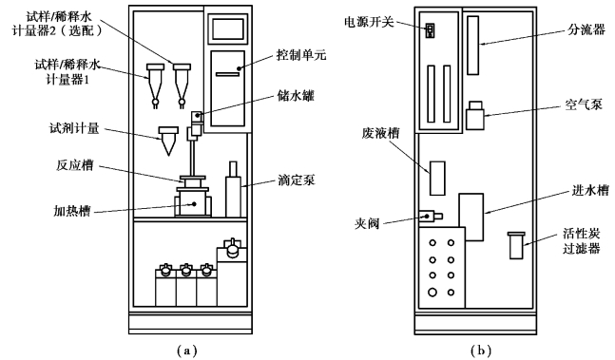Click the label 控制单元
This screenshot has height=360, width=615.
[x=300, y=55]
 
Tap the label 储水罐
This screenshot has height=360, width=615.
[x=296, y=96]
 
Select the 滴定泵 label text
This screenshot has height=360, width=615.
[x=296, y=180]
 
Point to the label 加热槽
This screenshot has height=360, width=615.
[x=72, y=212]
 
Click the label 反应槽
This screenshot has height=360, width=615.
[x=75, y=165]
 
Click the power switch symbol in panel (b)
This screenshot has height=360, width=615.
[x=431, y=30]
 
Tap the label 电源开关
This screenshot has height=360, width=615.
[x=369, y=23]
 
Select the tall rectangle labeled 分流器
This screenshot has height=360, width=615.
[x=473, y=46]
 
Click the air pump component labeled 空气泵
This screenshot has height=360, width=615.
[x=475, y=116]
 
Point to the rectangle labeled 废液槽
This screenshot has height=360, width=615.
[x=437, y=179]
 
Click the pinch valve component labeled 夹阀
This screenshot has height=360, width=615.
[x=431, y=216]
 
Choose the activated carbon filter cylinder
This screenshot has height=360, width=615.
[x=516, y=245]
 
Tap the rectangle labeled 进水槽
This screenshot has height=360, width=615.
[x=471, y=217]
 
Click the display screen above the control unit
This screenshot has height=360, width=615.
[x=227, y=28]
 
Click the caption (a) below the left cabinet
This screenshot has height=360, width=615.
[x=186, y=351]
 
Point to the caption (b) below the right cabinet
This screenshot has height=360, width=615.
[x=481, y=351]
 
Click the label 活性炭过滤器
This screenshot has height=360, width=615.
[x=582, y=241]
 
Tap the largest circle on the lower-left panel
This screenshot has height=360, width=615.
[x=432, y=293]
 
